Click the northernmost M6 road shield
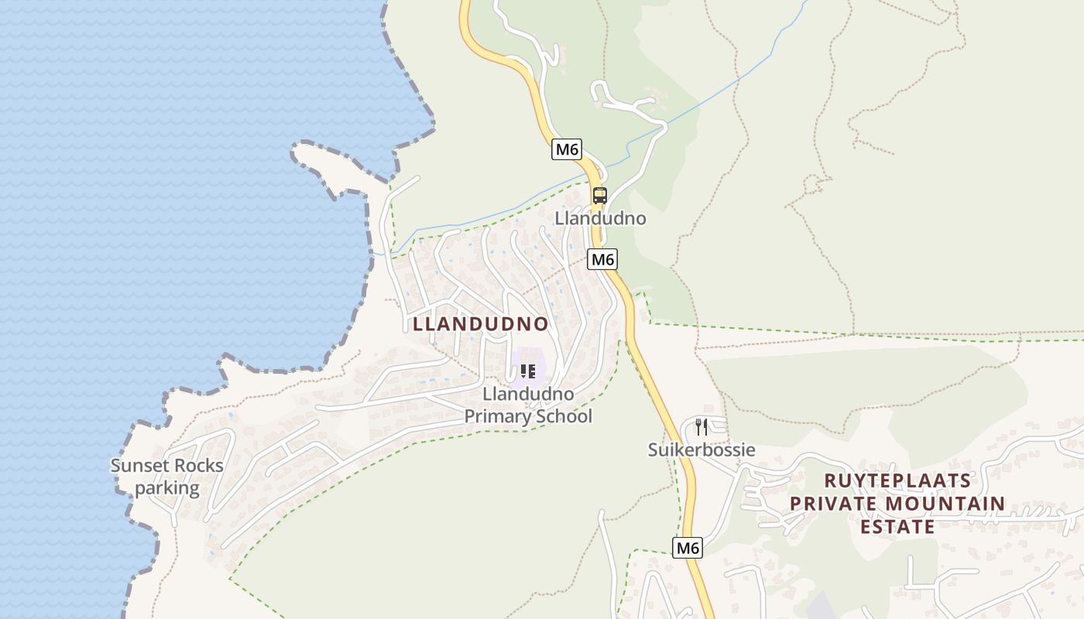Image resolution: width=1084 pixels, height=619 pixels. [x=567, y=149]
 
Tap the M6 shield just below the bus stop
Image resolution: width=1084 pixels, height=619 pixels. [x=602, y=259]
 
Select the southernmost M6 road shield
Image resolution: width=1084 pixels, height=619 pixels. [x=687, y=548]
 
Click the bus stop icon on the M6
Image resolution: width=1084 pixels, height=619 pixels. [x=599, y=196]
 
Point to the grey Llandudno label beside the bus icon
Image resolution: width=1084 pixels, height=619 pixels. [x=600, y=218]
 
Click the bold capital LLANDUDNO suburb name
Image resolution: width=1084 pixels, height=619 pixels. [x=481, y=323]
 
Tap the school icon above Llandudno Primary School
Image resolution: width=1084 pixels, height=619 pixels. [x=528, y=371]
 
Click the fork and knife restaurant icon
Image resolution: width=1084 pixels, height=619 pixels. [x=702, y=426]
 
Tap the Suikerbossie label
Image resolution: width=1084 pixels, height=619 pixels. [x=702, y=450]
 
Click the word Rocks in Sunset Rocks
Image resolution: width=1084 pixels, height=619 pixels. [x=199, y=466]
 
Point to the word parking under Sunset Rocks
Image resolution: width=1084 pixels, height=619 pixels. [x=167, y=488]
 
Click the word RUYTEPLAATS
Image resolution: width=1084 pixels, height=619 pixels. [x=897, y=480]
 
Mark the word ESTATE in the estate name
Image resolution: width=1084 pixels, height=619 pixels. [x=897, y=527]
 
